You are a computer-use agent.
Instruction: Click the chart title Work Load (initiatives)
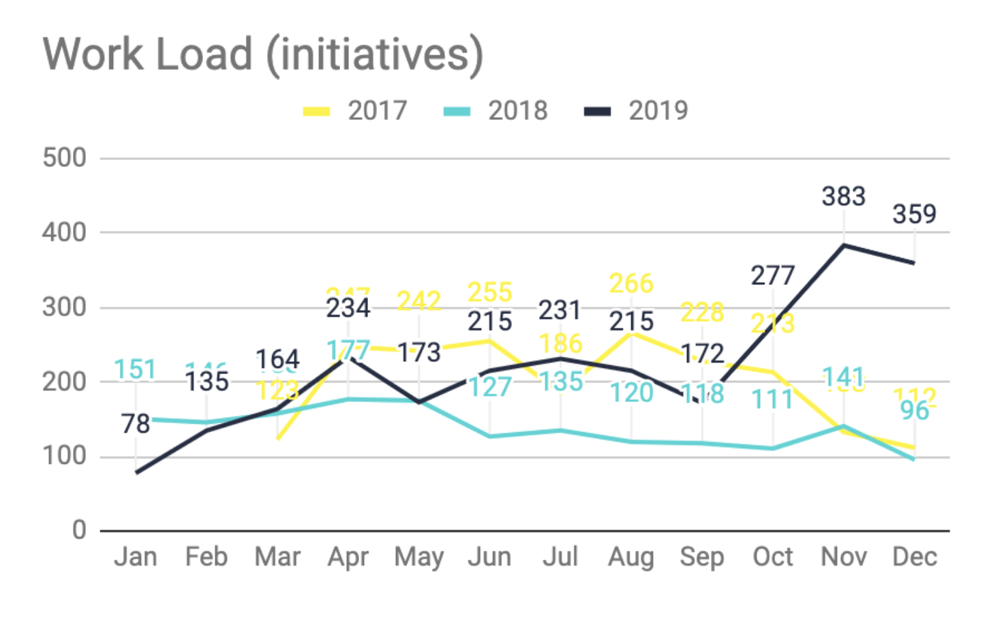pos(263,55)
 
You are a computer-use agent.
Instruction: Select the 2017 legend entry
pos(377,110)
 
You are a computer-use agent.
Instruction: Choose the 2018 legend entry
pos(517,110)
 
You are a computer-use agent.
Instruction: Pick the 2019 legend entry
pos(658,110)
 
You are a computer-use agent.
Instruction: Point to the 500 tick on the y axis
pos(65,158)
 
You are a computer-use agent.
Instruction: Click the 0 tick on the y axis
pos(79,530)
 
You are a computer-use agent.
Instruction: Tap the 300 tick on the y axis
pos(65,307)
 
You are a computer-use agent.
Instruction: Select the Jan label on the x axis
pos(136,557)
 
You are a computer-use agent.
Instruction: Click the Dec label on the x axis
pos(914,557)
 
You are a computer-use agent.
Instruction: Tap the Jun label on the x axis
pos(489,557)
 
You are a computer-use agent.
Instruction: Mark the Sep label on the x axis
pos(702,557)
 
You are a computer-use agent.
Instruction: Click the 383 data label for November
pos(843,196)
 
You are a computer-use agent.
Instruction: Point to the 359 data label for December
pos(914,214)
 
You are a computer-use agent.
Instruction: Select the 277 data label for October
pos(773,275)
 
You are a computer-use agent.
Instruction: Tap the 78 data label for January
pos(136,424)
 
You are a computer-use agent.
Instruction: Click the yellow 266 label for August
pos(631,283)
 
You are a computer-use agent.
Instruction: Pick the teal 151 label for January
pos(135,369)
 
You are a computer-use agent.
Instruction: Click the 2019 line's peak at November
pos(844,245)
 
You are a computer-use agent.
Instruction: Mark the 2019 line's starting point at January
pos(136,472)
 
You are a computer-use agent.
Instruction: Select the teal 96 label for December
pos(914,410)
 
